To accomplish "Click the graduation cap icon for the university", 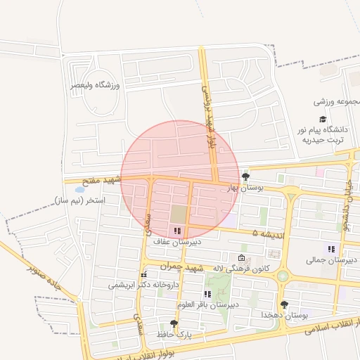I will click(323, 120).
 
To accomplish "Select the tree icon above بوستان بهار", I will click(245, 176).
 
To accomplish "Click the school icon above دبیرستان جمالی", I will click(330, 249).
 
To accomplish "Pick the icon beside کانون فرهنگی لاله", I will click(243, 259).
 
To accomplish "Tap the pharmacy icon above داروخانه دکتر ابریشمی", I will click(143, 275).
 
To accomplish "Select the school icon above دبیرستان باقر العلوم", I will click(207, 294).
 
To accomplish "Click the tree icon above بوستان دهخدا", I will click(284, 304).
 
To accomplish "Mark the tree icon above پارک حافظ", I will click(174, 323).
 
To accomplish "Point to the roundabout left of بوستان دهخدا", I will click(282, 276).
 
